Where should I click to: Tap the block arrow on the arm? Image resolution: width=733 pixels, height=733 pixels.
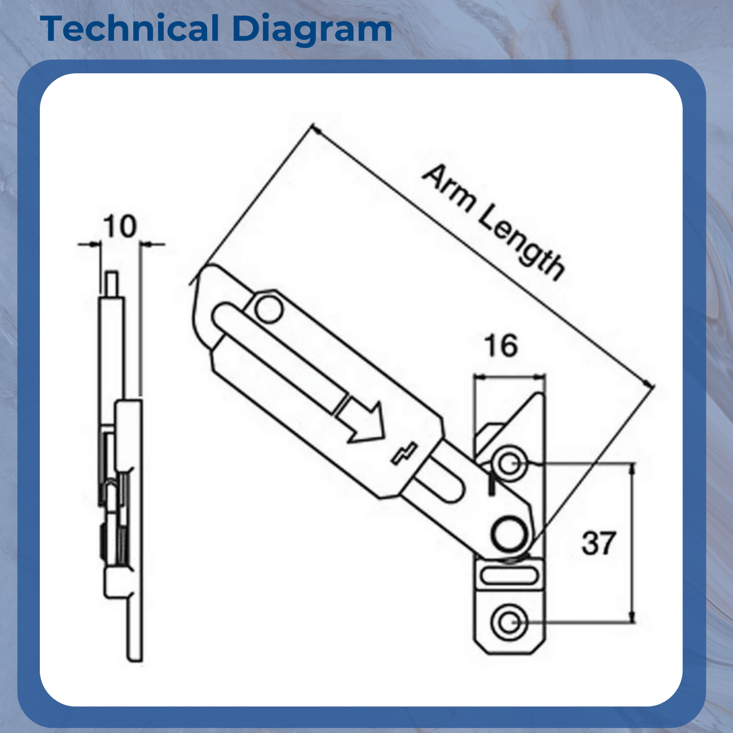click(x=360, y=419)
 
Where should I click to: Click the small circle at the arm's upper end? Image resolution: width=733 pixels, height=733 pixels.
click(x=268, y=309)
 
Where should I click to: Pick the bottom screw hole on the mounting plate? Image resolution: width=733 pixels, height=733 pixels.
click(x=508, y=623)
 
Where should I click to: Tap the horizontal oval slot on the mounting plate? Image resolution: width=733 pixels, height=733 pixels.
click(x=508, y=575)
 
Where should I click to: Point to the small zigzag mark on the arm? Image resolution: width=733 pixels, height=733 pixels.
click(x=405, y=453)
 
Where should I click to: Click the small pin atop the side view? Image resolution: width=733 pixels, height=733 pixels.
click(x=112, y=284)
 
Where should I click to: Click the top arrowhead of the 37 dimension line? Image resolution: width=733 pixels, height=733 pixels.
click(x=633, y=468)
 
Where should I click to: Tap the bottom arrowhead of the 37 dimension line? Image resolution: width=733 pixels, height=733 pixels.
click(x=633, y=617)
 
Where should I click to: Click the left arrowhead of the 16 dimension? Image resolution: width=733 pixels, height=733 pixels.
click(x=480, y=377)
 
